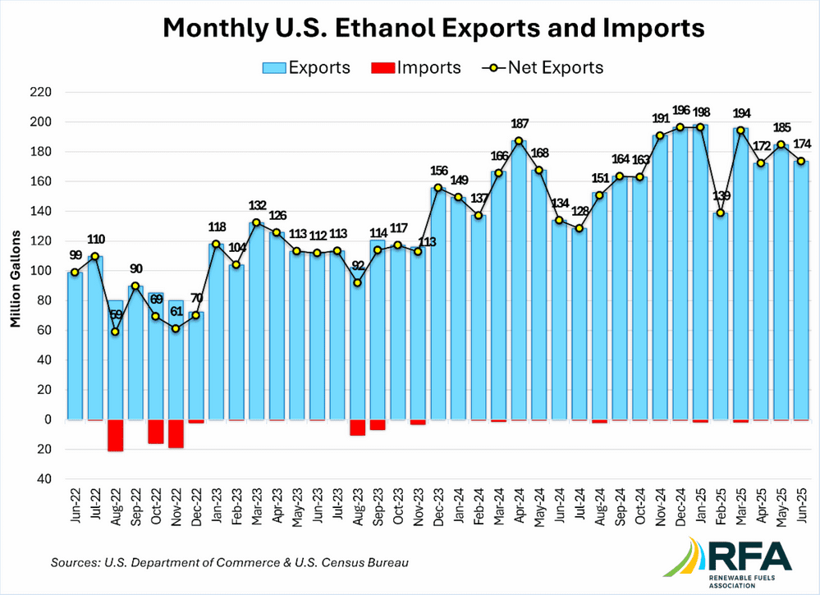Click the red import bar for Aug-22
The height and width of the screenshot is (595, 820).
coord(115,435)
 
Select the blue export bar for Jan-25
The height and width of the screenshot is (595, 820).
coord(700,272)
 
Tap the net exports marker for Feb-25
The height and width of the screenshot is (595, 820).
coord(721,213)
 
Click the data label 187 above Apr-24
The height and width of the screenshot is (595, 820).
coord(520,124)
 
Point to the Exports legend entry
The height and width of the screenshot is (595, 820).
coord(306,68)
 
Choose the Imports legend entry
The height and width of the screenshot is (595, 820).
coord(416,68)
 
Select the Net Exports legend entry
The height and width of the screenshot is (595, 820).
coord(543,68)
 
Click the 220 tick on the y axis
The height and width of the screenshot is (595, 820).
coord(41,93)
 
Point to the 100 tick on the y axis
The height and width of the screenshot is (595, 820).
coord(41,271)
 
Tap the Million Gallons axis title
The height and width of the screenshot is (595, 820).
coord(16,279)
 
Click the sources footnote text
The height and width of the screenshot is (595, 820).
coord(230,563)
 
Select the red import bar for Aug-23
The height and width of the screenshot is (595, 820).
coord(358,428)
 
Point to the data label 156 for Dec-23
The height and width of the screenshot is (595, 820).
coord(439,171)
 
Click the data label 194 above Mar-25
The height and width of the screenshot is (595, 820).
coord(741,113)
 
